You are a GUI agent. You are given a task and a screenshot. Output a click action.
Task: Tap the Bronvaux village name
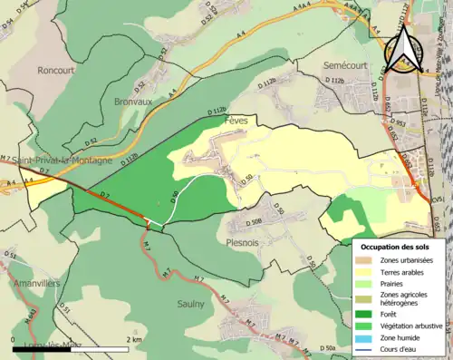pyautogui.click(x=132, y=103)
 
